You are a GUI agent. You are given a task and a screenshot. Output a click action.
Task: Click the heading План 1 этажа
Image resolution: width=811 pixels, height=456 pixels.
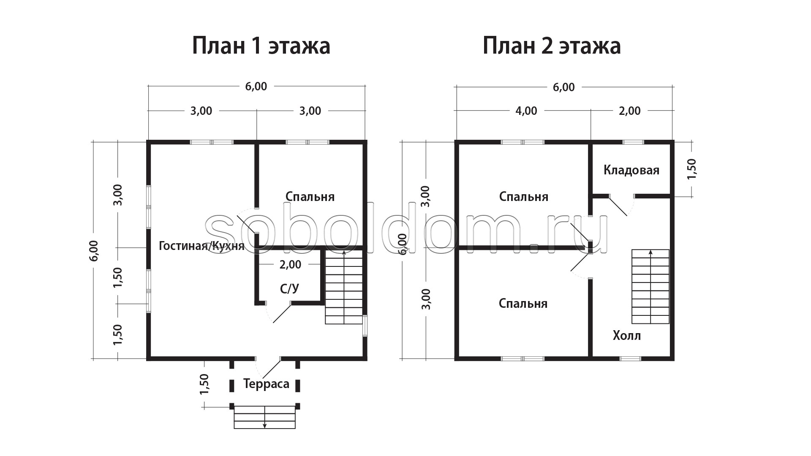pos(261,46)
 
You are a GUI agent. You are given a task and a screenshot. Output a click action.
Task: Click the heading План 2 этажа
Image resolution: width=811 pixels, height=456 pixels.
pos(552,46)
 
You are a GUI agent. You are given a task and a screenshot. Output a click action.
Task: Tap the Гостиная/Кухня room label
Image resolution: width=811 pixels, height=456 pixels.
pos(201,246)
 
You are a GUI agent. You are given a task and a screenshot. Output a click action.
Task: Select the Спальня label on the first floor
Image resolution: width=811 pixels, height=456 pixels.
pos(310,197)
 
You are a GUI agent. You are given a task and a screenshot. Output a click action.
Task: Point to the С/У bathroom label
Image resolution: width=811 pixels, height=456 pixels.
pos(290,289)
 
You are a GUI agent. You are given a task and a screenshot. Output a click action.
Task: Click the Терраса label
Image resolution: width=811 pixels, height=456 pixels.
pos(267,384)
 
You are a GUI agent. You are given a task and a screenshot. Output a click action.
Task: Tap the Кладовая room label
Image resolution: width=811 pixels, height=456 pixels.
pos(631,170)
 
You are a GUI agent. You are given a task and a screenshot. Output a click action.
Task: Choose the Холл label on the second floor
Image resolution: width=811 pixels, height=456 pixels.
pos(627,336)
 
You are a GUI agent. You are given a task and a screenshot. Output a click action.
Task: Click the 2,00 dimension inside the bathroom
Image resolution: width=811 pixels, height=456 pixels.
pos(291,265)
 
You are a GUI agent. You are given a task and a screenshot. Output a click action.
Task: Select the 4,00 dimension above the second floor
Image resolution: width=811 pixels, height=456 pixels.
pos(526,111)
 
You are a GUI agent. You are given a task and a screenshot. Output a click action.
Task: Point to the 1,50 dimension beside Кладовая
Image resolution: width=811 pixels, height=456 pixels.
pos(691,169)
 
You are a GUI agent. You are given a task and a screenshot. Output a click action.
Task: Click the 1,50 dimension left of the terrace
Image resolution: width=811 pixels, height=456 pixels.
pos(204,384)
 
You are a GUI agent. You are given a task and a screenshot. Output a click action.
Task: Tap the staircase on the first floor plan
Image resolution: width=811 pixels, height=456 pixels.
pos(344,287)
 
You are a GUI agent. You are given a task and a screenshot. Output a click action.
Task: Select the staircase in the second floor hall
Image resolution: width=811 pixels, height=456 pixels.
pos(650,286)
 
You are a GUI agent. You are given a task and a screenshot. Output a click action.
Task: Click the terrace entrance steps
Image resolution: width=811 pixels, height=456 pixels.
pos(265,417)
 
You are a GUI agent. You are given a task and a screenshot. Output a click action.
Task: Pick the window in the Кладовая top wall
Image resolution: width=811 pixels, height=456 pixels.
pos(634,142)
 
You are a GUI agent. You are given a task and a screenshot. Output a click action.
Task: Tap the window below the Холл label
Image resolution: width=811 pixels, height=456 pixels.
pos(630,358)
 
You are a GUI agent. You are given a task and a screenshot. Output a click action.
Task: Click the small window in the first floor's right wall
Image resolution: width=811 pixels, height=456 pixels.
pos(365,326)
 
